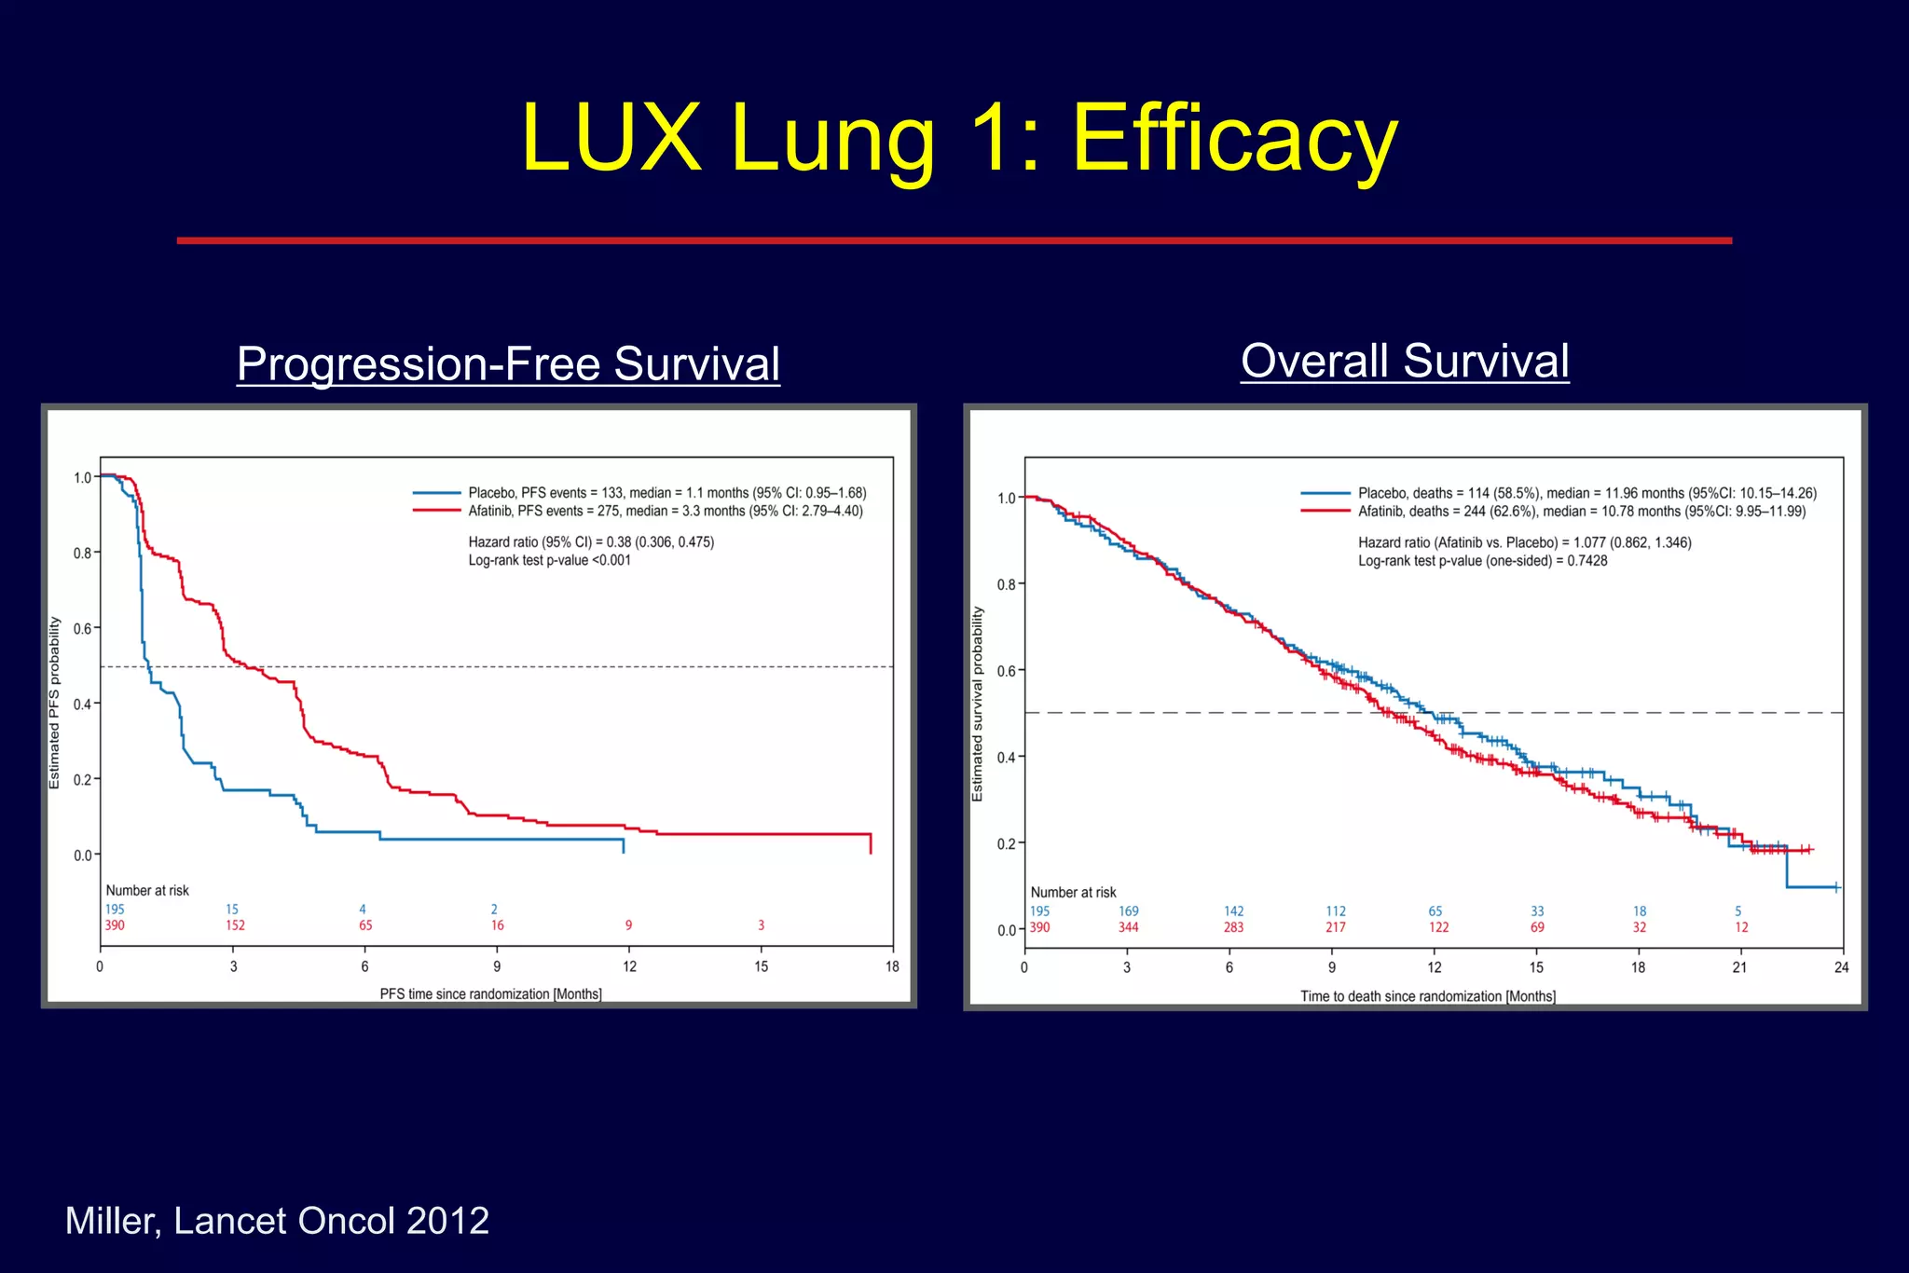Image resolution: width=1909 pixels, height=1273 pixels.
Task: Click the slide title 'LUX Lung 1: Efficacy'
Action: (x=959, y=138)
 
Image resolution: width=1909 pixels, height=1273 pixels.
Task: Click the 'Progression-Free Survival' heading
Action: (x=508, y=363)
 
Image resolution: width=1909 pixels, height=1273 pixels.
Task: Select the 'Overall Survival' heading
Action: (x=1405, y=361)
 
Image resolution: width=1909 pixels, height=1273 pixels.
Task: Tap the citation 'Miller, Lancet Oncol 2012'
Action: (x=277, y=1221)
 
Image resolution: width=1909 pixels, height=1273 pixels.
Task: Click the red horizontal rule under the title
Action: (x=954, y=240)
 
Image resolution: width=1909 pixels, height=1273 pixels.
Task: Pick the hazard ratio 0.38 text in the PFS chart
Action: (x=591, y=542)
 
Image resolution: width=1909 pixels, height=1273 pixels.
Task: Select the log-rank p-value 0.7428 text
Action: (x=1482, y=561)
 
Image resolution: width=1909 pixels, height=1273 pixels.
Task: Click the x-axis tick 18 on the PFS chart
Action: (x=892, y=966)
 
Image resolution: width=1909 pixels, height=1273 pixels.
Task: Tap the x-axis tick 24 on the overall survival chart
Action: (x=1841, y=967)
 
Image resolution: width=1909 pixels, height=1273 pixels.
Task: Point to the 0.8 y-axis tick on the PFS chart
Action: (x=82, y=554)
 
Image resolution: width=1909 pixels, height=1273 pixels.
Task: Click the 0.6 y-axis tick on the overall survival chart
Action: (x=1006, y=671)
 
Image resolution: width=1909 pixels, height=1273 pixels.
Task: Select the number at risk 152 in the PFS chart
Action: (x=235, y=925)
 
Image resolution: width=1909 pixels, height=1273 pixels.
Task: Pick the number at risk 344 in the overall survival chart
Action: (x=1128, y=927)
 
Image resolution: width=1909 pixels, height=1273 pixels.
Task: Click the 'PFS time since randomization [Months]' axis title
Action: (x=490, y=994)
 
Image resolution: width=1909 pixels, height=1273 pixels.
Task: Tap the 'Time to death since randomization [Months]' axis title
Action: (x=1427, y=996)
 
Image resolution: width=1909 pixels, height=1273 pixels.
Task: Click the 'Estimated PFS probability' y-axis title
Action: (x=54, y=703)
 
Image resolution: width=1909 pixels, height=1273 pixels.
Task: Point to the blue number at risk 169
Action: (x=1128, y=911)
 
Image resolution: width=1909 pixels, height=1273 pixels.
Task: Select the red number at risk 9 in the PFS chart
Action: (x=628, y=925)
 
